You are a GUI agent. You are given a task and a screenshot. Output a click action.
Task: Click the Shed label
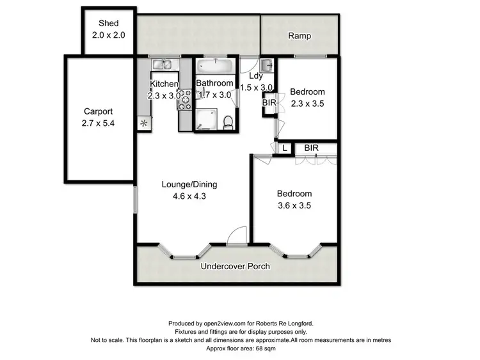(108, 24)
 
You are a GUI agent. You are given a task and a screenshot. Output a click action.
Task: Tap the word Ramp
(299, 36)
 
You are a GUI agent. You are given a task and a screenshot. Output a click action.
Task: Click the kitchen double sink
(161, 63)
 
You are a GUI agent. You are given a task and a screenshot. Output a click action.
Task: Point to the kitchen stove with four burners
(185, 100)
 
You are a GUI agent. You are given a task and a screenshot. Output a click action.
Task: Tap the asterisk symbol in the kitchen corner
(143, 123)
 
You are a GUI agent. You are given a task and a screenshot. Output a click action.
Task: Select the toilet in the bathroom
(227, 121)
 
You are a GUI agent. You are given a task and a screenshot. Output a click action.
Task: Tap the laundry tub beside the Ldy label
(268, 64)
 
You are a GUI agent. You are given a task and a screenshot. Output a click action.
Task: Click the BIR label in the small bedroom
(269, 102)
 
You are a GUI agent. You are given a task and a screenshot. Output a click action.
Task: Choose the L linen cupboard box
(284, 148)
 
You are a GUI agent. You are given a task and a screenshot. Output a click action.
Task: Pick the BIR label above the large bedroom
(312, 148)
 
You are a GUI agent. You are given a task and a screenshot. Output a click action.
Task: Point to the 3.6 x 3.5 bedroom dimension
(294, 205)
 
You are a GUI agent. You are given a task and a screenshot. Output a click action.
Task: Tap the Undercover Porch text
(235, 266)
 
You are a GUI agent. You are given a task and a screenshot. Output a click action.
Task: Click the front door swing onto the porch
(237, 235)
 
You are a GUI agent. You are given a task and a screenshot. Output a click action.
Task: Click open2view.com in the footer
(221, 324)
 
